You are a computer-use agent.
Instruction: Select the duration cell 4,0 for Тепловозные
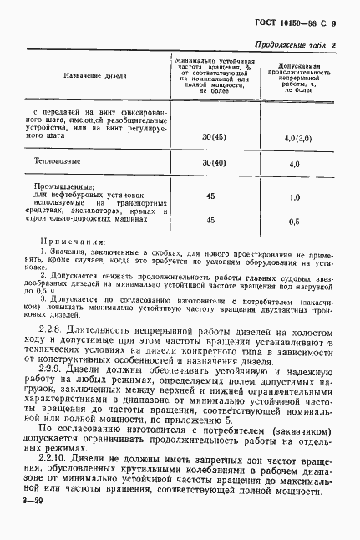click(294, 166)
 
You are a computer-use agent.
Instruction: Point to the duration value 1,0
click(294, 198)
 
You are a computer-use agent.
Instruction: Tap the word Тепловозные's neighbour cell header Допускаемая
click(294, 64)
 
